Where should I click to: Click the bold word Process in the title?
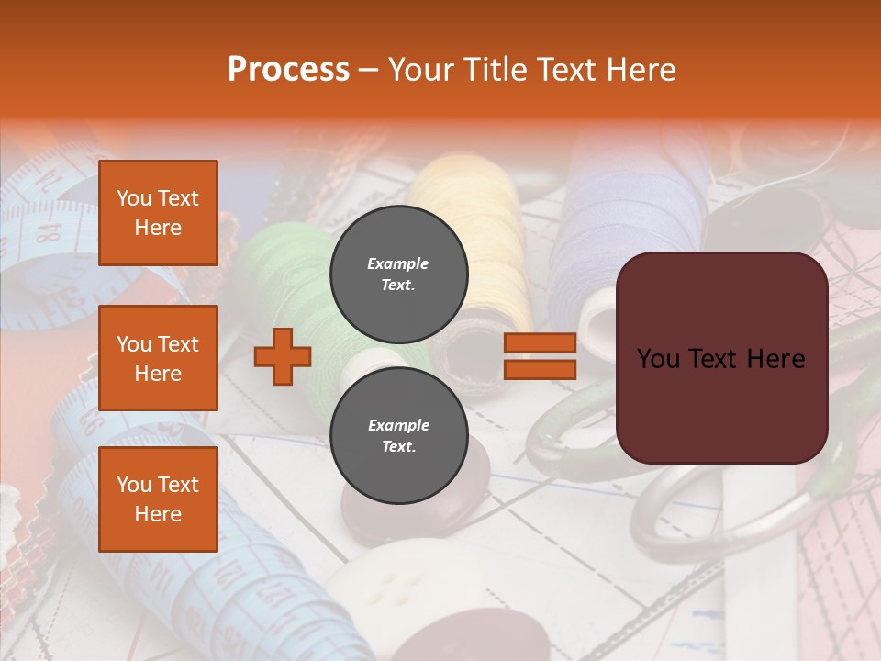pos(288,69)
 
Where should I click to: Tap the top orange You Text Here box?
pos(158,213)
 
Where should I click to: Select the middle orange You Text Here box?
pos(158,358)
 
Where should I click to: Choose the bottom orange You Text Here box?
pos(158,499)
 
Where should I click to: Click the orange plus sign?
pos(283,356)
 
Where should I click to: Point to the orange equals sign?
pos(540,356)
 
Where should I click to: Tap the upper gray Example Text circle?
pos(398,274)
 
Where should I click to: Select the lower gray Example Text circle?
pos(398,435)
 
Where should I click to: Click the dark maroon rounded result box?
pos(721,358)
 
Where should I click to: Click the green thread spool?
pos(284,275)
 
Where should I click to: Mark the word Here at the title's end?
pos(642,69)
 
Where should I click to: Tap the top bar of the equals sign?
pos(540,342)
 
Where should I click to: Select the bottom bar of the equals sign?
pos(540,369)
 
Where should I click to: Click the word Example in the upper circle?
pos(398,263)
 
